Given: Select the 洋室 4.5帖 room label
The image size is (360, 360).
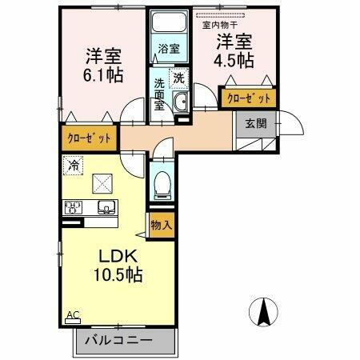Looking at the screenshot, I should click(x=234, y=50).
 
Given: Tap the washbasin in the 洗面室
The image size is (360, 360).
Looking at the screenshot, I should click(x=180, y=101).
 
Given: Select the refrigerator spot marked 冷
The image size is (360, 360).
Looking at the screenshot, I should click(x=74, y=166).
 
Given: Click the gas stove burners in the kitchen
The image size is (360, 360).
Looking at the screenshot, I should click(x=74, y=208).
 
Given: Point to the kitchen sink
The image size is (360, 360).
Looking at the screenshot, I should click(x=106, y=208).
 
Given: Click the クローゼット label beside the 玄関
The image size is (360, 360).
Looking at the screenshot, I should click(x=248, y=98).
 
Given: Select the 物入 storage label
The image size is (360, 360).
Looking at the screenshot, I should click(x=162, y=225).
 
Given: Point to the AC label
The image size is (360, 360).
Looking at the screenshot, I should click(x=73, y=315).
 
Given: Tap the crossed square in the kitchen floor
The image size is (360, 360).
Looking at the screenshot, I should click(x=102, y=182).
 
